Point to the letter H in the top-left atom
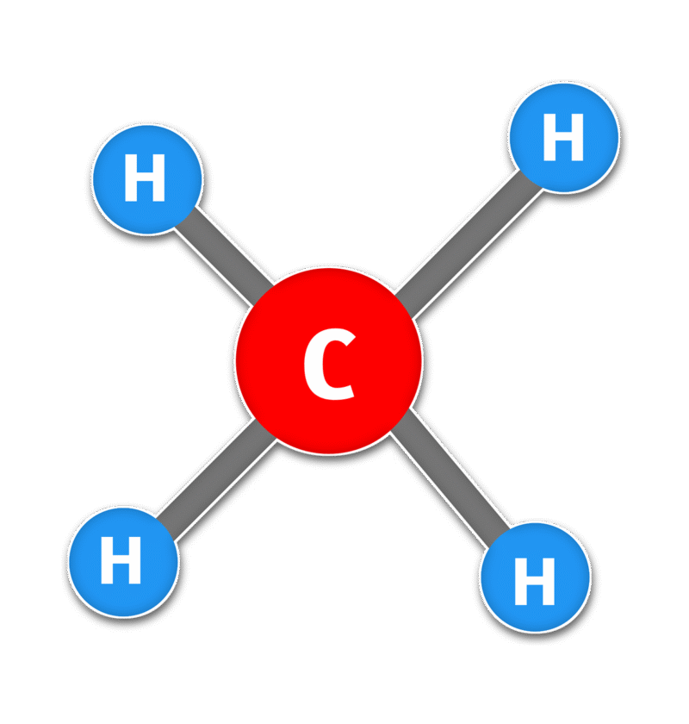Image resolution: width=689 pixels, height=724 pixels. pos(145,180)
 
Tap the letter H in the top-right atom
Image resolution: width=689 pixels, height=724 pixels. pos(563,139)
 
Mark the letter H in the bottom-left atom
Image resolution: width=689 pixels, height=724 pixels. pos(121,563)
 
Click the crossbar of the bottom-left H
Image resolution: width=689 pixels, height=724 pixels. pos(121,563)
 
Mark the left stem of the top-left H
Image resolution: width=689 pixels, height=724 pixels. pos(130,180)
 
